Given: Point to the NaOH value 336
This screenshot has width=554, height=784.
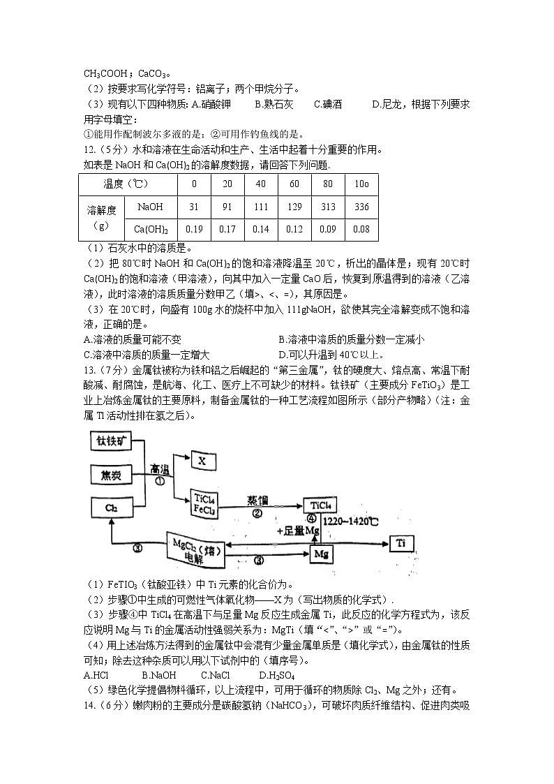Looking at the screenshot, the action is [x=361, y=207].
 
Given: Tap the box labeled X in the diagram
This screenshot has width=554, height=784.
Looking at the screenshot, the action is [x=202, y=461].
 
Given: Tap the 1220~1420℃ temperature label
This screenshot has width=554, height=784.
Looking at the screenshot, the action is [x=355, y=521].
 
